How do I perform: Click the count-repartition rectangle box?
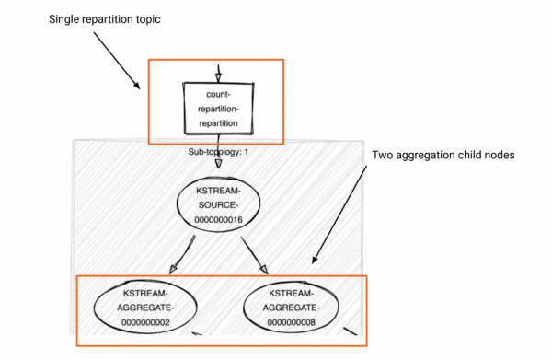tap(218, 109)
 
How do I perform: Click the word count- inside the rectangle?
tap(218, 95)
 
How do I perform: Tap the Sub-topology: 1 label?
tap(218, 150)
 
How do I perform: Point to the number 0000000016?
tap(218, 222)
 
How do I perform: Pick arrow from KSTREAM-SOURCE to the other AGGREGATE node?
tap(253, 252)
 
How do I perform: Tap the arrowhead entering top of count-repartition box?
tap(218, 76)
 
